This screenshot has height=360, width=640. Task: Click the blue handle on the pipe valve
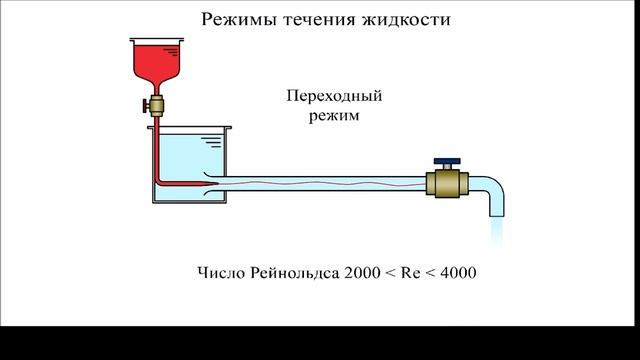pos(447,160)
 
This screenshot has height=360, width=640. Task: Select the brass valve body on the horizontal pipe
pos(446,183)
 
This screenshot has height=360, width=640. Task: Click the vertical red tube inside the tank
pos(157,150)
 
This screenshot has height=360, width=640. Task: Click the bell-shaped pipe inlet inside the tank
pos(211,182)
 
